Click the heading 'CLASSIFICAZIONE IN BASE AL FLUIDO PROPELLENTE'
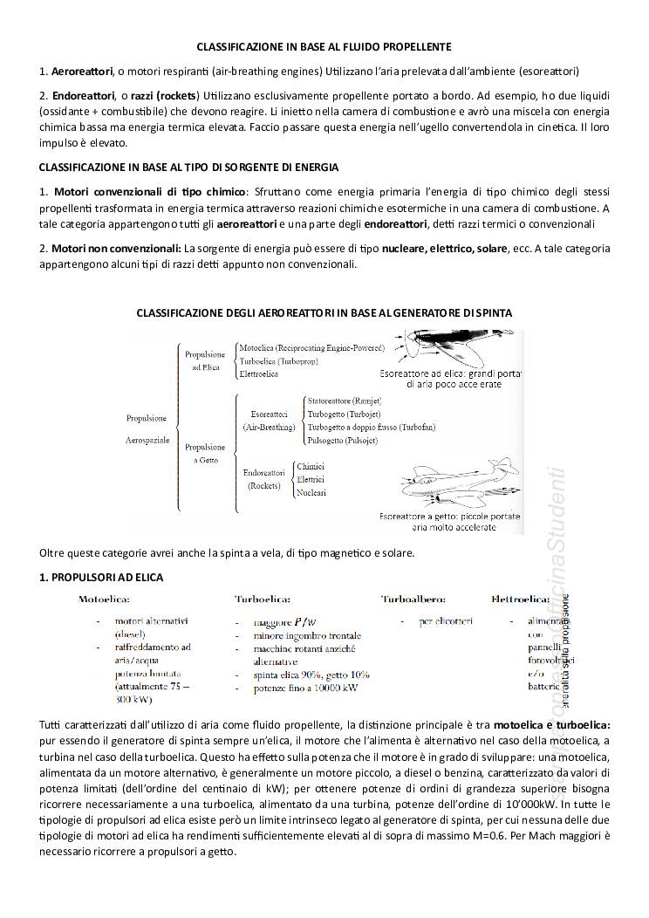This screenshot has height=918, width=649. tap(324, 45)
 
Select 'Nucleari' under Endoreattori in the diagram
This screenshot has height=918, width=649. tap(311, 493)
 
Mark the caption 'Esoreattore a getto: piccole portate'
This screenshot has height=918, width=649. tap(449, 517)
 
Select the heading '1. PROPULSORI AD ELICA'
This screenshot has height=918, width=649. tap(101, 578)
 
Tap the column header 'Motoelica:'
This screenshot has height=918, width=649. tap(105, 600)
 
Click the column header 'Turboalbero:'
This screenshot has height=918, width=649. tap(413, 600)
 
